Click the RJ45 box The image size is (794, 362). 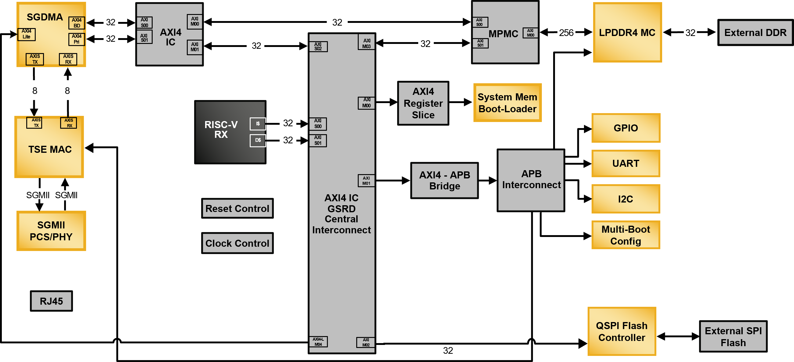(x=51, y=301)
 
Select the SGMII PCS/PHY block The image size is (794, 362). (x=51, y=231)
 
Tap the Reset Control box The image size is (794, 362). (x=237, y=208)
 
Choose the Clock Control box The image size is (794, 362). (x=237, y=243)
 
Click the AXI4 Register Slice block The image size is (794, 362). (x=423, y=103)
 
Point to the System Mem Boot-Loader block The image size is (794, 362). (x=507, y=103)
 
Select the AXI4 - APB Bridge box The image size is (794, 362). (x=444, y=180)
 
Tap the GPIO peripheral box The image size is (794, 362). (x=626, y=128)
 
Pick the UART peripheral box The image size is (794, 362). (x=626, y=163)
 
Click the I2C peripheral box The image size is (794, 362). (x=626, y=199)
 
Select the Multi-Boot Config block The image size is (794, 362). (x=626, y=235)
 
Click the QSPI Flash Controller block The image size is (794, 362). (x=622, y=331)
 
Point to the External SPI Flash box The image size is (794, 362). (x=733, y=336)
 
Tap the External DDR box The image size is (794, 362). (x=755, y=32)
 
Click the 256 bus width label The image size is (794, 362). (x=566, y=32)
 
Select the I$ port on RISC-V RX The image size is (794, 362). (x=258, y=124)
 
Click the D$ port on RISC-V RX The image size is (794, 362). (x=258, y=140)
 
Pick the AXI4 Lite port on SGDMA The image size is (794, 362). (x=27, y=34)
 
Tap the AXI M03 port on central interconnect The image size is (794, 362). (x=366, y=43)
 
